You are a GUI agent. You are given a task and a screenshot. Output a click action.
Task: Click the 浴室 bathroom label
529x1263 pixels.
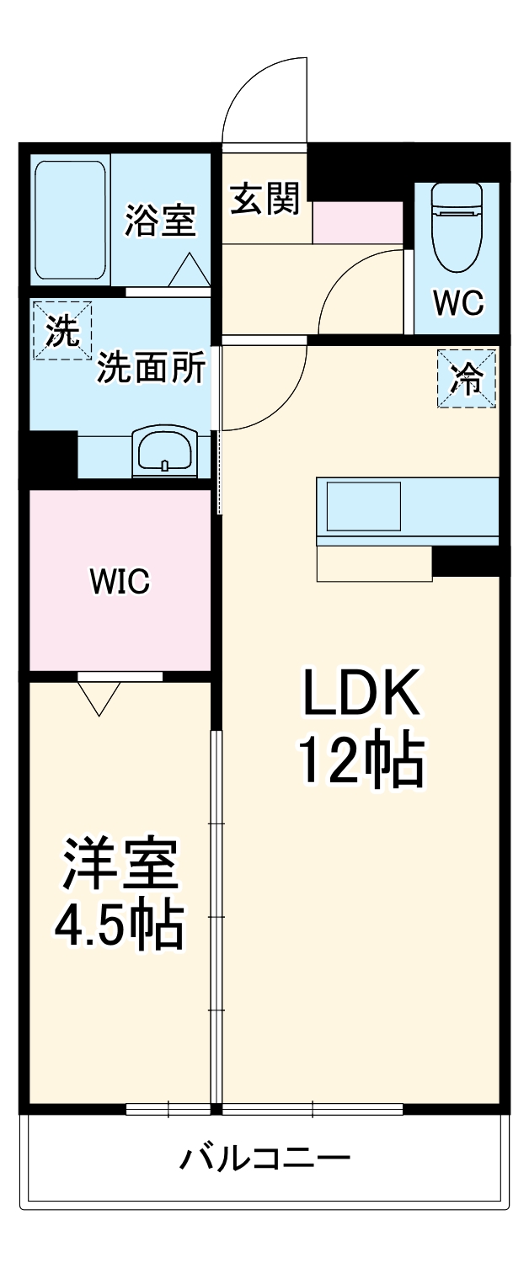pos(161,221)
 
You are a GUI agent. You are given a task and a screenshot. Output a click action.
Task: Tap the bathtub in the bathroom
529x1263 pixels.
pos(71,221)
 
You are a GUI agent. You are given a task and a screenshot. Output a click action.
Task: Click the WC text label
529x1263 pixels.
pos(458,303)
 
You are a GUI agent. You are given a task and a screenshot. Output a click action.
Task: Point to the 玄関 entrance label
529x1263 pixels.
pos(265,200)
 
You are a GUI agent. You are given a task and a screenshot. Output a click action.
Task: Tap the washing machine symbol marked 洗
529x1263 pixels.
pos(61,330)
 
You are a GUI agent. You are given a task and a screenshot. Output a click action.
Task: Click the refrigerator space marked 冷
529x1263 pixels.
pos(466,379)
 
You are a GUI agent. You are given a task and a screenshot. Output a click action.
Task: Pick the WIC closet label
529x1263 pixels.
pos(120,581)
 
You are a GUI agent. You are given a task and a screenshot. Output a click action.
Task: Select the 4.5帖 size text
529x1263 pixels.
pos(120,926)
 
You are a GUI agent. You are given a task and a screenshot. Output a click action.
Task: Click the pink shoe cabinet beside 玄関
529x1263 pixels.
pos(358,222)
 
